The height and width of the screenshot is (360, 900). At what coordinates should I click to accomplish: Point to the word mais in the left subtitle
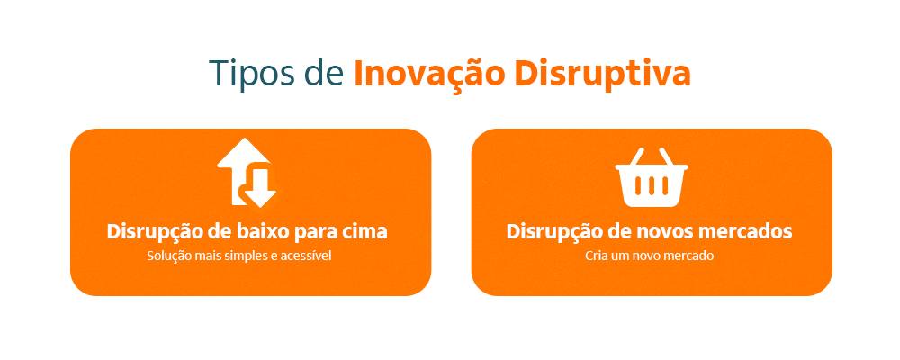tap(208, 256)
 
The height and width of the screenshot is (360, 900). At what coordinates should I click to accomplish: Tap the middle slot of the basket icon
tap(651, 186)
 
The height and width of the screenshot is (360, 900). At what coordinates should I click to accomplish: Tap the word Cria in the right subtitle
tap(598, 256)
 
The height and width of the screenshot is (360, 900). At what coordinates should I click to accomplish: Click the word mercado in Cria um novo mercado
tap(689, 256)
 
